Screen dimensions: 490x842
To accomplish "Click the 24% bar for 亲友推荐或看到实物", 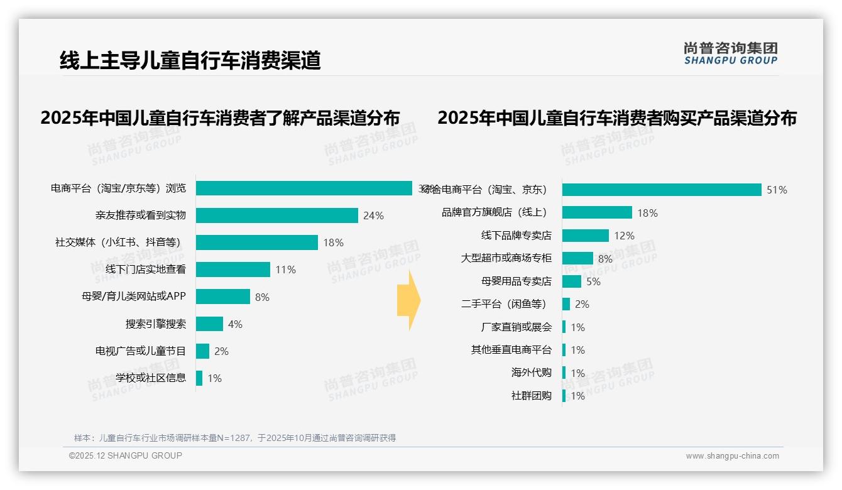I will (x=276, y=215).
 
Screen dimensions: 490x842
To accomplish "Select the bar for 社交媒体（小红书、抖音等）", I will (x=256, y=242).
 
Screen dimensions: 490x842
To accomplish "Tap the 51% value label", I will (x=777, y=190).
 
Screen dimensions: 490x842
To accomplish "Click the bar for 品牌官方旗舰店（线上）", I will (x=597, y=212).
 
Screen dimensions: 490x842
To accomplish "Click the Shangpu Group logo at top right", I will (x=730, y=53).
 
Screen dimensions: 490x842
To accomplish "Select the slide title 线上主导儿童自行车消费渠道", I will (x=190, y=60).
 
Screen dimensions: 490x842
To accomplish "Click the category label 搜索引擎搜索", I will (x=155, y=324).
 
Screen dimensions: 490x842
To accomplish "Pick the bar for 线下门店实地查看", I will (x=232, y=269).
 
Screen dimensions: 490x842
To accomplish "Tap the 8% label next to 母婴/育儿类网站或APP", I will (x=262, y=297).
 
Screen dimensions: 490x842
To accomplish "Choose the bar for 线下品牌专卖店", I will (x=585, y=236).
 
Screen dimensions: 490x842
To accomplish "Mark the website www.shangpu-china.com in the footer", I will (x=732, y=456).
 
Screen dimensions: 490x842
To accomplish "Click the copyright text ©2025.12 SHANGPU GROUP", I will (x=126, y=455).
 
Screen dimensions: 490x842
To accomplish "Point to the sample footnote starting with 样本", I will (x=234, y=438).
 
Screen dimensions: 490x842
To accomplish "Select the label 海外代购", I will (x=531, y=373).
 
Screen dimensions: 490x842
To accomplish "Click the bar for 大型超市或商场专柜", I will (x=577, y=258).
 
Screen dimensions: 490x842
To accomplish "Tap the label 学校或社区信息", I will (x=151, y=378).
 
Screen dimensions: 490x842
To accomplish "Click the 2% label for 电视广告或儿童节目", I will (x=221, y=351).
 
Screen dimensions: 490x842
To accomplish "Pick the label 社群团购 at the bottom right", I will (x=531, y=396).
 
